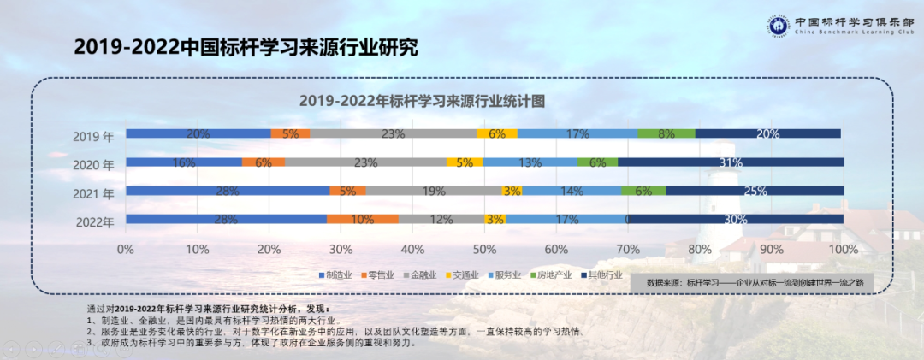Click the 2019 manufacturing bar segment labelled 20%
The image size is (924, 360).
point(198,133)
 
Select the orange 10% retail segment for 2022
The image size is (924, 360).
point(362,220)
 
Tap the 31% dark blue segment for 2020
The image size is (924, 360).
point(731,162)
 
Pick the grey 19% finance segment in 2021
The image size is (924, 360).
point(434,192)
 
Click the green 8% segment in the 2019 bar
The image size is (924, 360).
point(666,133)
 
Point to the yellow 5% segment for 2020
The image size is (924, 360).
point(465,162)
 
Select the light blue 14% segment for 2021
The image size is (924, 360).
point(572,192)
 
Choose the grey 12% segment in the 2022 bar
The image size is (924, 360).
point(441,220)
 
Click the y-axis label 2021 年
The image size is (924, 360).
point(93,193)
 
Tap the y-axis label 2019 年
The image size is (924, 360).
point(93,136)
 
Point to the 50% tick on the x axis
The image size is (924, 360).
point(484,249)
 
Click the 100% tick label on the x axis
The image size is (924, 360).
point(843,249)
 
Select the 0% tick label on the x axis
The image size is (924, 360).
point(126,249)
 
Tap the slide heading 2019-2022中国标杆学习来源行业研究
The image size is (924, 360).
point(246,47)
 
